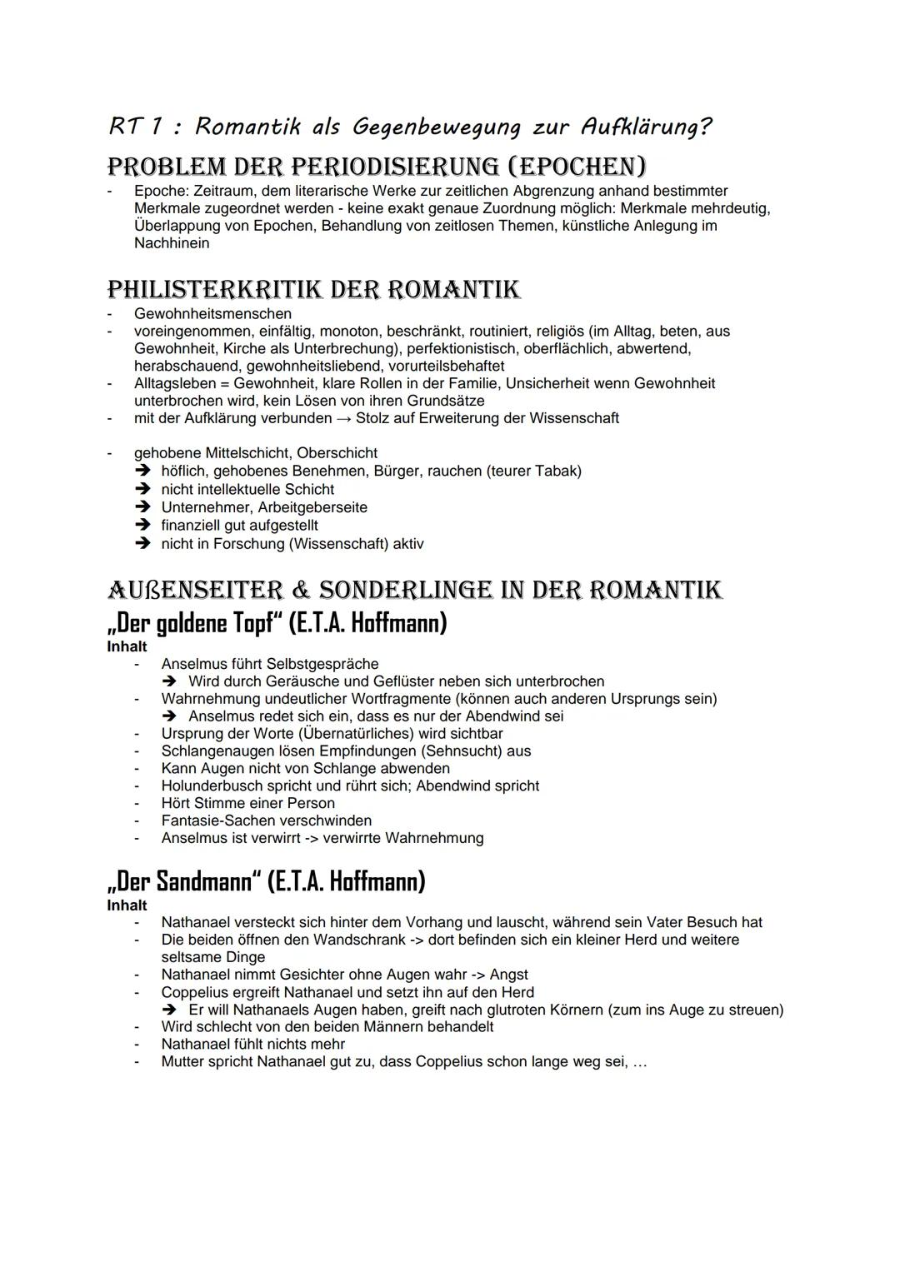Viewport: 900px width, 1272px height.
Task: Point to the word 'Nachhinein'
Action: [172, 243]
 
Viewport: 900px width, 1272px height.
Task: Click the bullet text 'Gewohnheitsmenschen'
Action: [212, 314]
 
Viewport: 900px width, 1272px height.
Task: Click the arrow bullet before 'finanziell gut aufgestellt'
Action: [144, 526]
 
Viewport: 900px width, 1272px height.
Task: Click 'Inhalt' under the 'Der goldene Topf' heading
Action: [127, 647]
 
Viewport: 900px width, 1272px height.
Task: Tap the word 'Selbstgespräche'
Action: [322, 664]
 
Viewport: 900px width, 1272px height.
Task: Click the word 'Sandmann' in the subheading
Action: [203, 881]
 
